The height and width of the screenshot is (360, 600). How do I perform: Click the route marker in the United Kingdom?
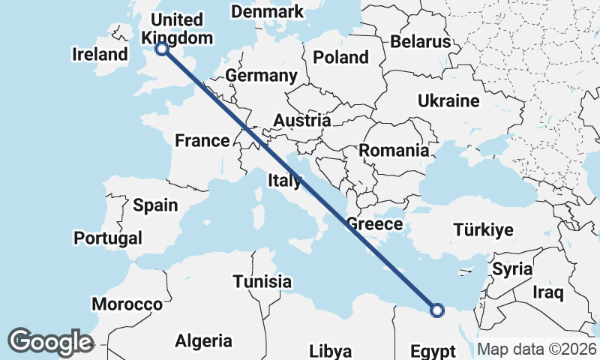(x=161, y=49)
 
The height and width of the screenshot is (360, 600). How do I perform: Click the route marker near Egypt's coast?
(x=437, y=309)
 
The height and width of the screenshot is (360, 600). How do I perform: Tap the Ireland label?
(x=100, y=54)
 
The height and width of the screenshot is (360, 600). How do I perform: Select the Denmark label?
(x=268, y=12)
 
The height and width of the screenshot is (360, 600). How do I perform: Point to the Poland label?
(x=341, y=57)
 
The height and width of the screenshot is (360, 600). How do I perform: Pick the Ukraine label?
(x=448, y=100)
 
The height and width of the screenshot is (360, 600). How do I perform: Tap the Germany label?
(x=261, y=76)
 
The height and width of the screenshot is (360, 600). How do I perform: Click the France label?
(x=202, y=140)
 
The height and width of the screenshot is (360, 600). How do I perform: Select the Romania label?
(x=394, y=150)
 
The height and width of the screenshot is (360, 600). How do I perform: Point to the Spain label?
(x=155, y=205)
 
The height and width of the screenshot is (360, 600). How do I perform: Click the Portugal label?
(x=108, y=238)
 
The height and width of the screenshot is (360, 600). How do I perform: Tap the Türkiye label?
(x=483, y=230)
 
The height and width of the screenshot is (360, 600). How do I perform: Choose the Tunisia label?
(x=262, y=281)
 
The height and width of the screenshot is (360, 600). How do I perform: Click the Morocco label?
(x=127, y=304)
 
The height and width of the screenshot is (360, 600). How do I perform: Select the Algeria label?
(x=203, y=341)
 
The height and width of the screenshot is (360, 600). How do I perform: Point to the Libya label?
(x=330, y=351)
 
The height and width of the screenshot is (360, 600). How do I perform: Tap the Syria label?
(x=512, y=268)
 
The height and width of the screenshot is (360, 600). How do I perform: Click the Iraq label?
(x=547, y=291)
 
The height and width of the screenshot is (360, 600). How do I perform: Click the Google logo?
(x=50, y=341)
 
